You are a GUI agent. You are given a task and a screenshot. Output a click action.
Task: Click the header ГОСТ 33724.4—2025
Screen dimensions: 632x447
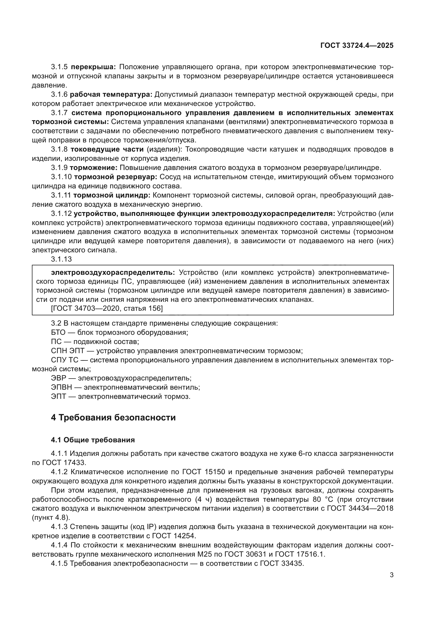tap(357, 45)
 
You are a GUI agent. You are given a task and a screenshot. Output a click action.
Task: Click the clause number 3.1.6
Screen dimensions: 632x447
tap(59, 94)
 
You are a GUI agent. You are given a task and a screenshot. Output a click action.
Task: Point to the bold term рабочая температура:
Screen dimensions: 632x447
tap(111, 94)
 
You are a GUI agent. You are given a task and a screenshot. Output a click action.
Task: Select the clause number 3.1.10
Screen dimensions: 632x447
tap(61, 177)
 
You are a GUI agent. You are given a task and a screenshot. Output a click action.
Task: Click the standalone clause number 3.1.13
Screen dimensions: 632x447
tap(61, 259)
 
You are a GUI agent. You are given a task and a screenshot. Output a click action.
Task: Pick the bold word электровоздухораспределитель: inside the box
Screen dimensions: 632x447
tap(113, 273)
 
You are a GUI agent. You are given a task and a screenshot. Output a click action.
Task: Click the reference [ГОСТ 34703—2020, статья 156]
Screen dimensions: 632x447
tap(107, 308)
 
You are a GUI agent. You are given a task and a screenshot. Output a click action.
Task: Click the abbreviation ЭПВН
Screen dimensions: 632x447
tap(61, 387)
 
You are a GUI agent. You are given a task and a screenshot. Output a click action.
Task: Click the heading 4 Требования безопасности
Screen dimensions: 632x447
tap(113, 417)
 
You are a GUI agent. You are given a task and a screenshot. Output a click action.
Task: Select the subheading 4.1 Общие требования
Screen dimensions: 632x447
tap(93, 440)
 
